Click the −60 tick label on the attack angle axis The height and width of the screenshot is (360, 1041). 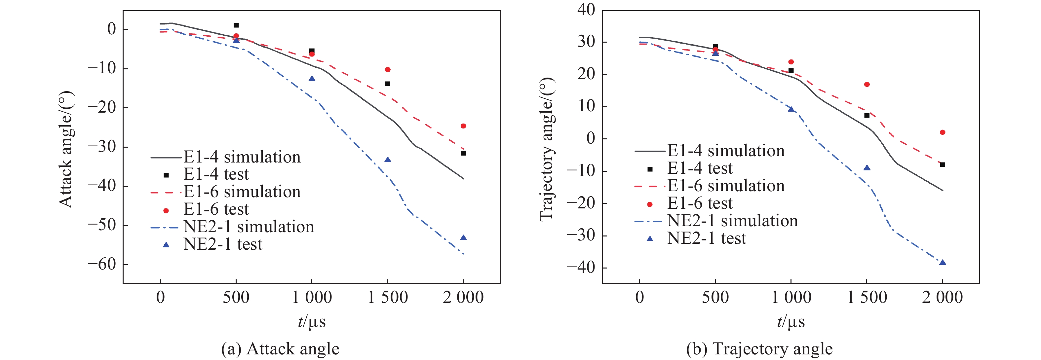(x=101, y=264)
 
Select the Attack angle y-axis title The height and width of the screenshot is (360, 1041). (x=66, y=150)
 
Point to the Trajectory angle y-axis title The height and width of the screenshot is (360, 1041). (x=546, y=150)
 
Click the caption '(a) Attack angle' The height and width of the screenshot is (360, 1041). (x=280, y=349)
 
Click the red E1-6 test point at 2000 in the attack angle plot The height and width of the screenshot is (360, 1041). (x=463, y=126)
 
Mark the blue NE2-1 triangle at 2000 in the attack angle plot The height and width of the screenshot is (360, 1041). (x=463, y=237)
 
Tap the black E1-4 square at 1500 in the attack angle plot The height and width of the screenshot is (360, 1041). (x=388, y=84)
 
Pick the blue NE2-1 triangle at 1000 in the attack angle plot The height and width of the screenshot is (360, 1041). (x=312, y=78)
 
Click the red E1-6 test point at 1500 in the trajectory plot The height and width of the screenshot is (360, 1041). (x=867, y=85)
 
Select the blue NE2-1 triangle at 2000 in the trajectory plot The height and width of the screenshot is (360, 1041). (x=943, y=263)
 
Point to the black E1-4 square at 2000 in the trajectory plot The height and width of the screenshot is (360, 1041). (x=943, y=165)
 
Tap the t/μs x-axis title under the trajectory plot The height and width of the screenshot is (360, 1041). (x=791, y=322)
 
